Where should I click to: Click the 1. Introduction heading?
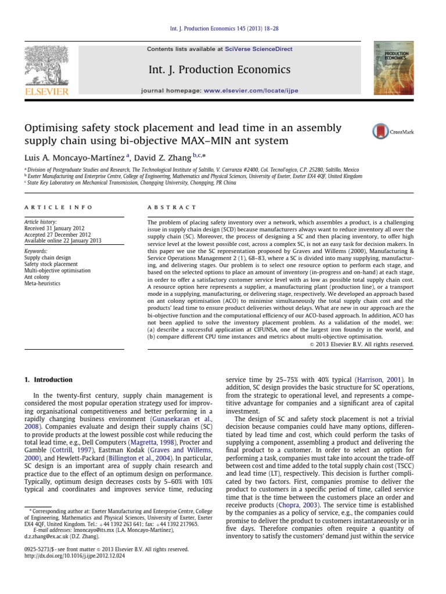pos(49,380)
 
